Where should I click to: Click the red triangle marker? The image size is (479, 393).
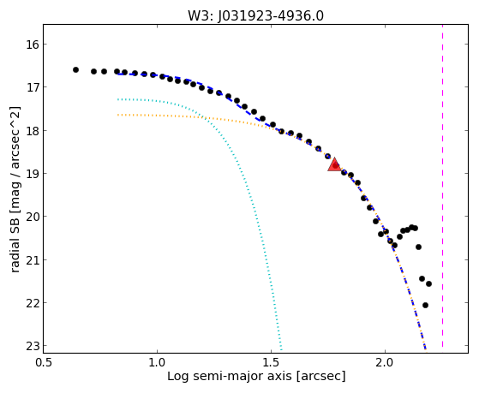point(334,165)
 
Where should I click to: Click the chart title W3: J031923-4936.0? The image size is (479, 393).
point(255,16)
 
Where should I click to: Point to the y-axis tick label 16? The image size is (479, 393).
point(32,45)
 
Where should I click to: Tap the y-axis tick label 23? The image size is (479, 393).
point(32,346)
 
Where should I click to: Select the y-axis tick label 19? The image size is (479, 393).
point(32,174)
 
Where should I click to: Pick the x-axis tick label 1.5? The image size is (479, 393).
point(272,362)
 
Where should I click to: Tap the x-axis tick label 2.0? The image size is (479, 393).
point(386,362)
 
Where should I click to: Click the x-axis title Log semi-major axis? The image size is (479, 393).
point(229,376)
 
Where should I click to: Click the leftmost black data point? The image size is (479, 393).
point(75,70)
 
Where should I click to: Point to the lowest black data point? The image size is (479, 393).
point(425,305)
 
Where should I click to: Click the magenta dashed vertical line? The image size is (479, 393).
point(442,187)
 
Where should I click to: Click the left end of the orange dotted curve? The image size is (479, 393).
point(118,115)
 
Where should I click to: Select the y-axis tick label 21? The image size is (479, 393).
point(32,260)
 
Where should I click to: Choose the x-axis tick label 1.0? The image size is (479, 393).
point(157,362)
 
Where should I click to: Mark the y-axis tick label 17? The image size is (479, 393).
point(32,87)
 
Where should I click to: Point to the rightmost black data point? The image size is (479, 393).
point(428,283)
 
